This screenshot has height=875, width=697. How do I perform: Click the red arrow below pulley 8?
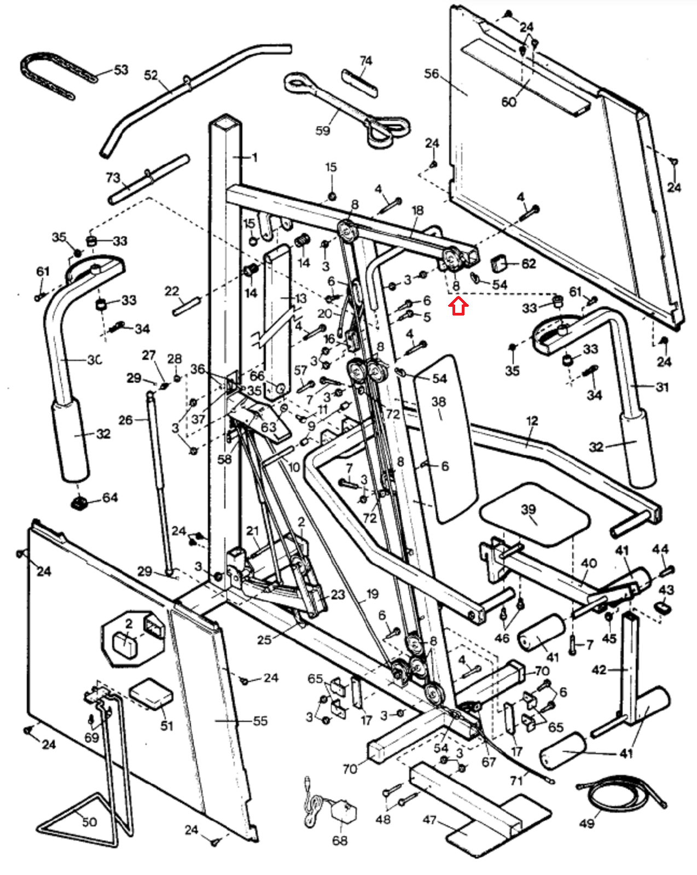pos(458,306)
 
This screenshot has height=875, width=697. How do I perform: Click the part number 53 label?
pos(121,70)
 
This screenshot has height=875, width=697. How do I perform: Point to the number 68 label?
pos(340,840)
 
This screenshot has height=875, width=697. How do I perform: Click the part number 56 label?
pos(432,73)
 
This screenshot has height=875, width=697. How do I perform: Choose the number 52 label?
pos(151,75)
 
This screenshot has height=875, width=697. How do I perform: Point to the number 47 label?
pos(430,820)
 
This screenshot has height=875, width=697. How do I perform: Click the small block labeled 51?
pos(151,695)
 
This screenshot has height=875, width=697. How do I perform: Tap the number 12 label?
pos(532,421)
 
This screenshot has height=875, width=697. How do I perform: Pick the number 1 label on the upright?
pos(254,157)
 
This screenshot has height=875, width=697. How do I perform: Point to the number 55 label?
pos(260,721)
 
